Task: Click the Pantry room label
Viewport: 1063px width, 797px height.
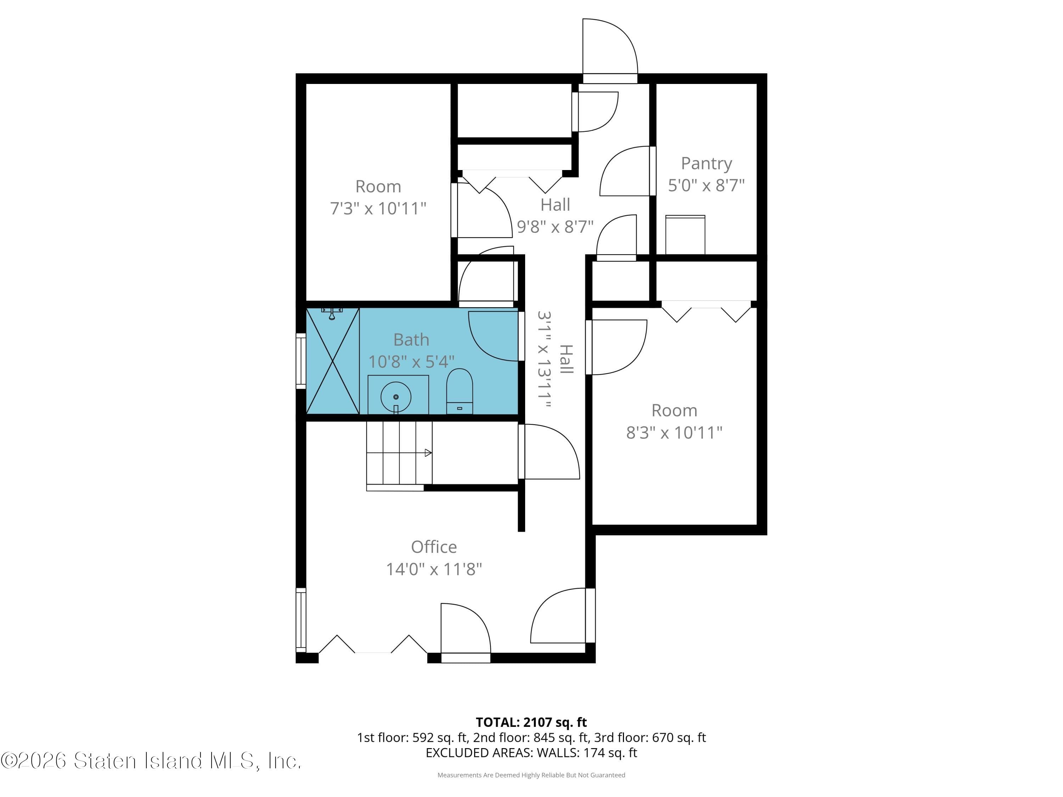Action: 706,163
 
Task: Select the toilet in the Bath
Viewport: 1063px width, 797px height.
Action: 460,391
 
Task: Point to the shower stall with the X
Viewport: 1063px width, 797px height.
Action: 333,361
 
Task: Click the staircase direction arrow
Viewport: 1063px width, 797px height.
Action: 427,453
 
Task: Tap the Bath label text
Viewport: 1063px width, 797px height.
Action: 411,340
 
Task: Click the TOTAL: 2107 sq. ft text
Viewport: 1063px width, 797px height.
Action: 531,723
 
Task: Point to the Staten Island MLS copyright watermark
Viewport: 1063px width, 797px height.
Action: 151,761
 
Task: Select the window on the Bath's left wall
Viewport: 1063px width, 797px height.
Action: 301,361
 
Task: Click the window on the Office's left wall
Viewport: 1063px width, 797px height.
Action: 301,620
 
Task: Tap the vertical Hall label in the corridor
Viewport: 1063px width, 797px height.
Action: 567,359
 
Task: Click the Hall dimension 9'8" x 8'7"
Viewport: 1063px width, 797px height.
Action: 555,226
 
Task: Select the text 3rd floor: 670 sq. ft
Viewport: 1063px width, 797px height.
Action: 650,737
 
